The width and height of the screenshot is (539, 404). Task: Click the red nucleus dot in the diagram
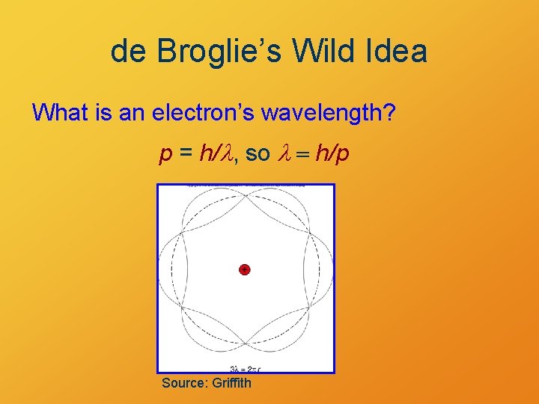pos(244,269)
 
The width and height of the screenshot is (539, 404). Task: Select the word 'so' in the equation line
pos(258,154)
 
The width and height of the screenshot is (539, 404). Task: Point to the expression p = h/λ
pos(197,154)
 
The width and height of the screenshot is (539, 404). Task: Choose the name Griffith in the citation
pos(232,383)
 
